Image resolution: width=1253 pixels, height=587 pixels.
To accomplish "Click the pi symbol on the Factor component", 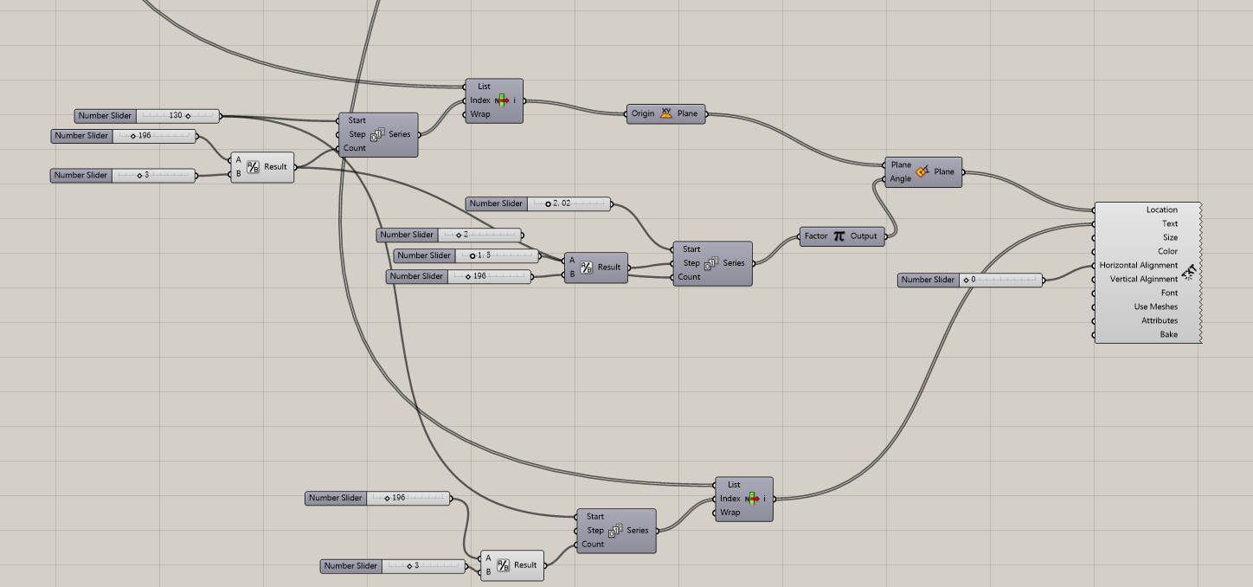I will click(x=839, y=235).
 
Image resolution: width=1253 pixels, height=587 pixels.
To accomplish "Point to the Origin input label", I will click(x=643, y=113).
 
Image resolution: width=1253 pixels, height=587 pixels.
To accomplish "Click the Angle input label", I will click(x=901, y=178).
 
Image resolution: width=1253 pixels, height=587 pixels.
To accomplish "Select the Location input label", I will click(x=1161, y=210).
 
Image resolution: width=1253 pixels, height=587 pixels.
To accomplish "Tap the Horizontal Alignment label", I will click(x=1139, y=265).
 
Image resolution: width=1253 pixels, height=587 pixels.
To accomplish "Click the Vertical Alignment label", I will click(x=1144, y=279).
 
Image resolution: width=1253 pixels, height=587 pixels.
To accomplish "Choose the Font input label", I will click(x=1169, y=293).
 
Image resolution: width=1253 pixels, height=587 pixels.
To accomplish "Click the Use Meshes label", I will click(x=1156, y=306).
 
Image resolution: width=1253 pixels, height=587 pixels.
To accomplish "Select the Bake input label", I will click(x=1168, y=334).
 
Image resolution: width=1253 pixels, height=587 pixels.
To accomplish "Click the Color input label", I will click(x=1167, y=251).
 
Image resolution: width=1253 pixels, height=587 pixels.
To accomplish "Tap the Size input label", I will click(x=1170, y=237).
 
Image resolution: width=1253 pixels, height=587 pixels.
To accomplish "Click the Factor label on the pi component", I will click(x=816, y=235).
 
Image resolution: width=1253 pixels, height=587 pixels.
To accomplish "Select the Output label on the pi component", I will click(x=864, y=235).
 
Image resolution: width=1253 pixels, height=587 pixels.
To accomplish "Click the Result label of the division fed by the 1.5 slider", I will click(x=609, y=267).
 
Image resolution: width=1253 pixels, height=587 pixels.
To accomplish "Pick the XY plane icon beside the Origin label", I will click(x=666, y=113).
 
